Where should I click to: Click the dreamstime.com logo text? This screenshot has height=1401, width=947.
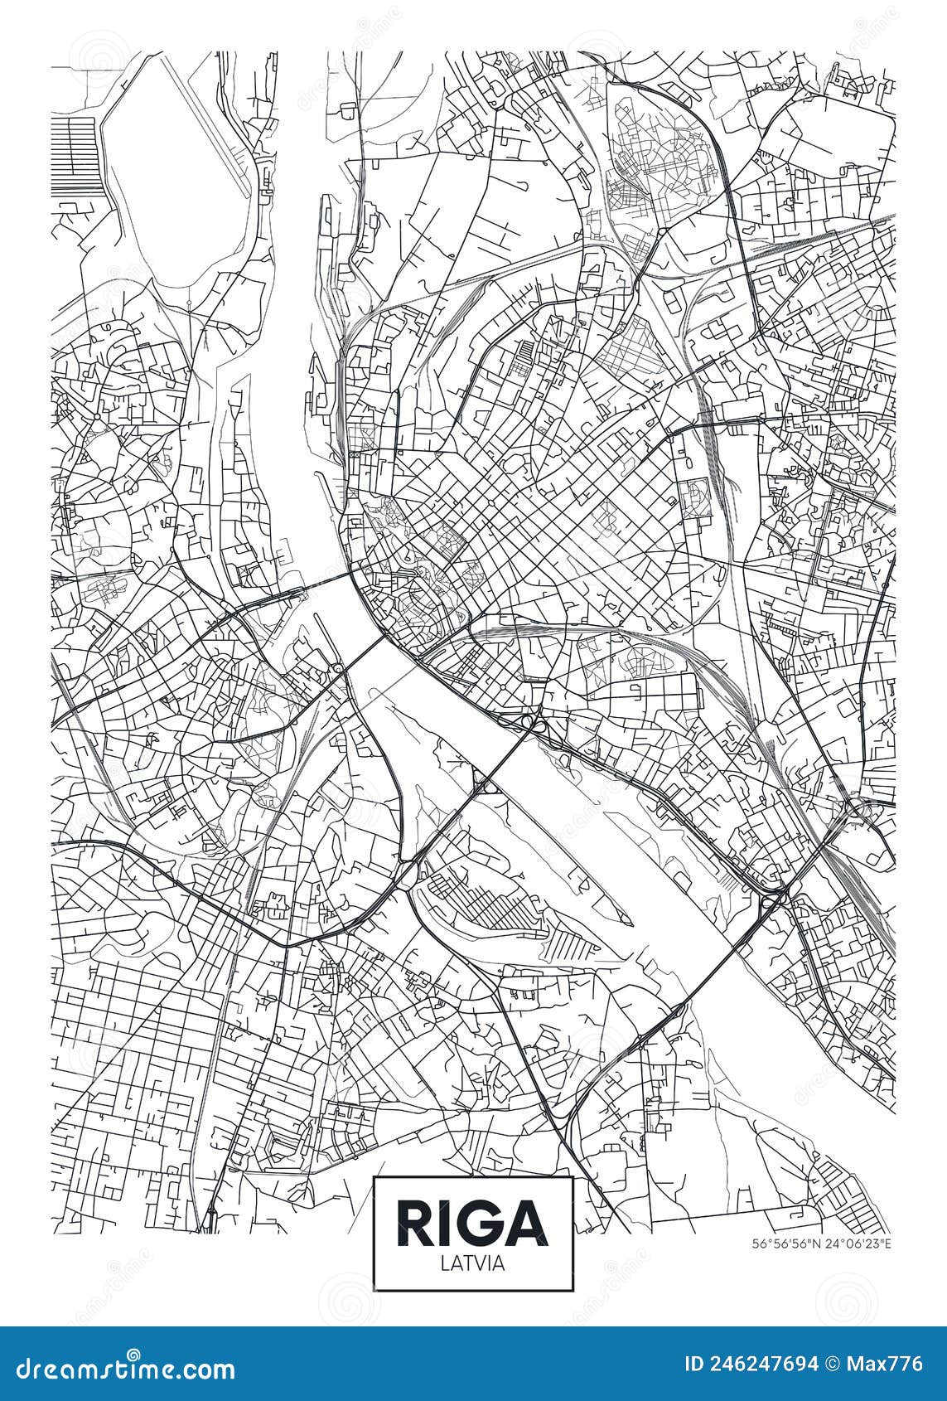120,1369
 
